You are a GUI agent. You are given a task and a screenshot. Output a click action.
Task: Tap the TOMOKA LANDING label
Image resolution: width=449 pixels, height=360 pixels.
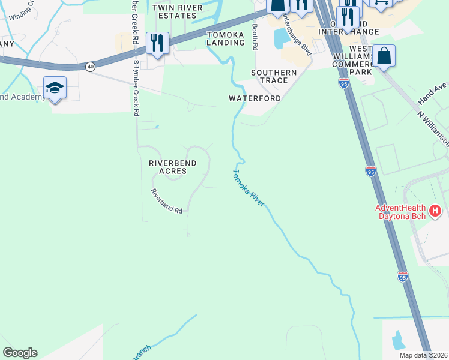click(x=225, y=38)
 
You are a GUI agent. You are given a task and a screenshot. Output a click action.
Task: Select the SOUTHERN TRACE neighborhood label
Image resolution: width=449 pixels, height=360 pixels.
click(x=274, y=76)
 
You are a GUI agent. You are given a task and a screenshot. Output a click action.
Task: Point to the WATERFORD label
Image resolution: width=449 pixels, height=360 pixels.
click(x=255, y=98)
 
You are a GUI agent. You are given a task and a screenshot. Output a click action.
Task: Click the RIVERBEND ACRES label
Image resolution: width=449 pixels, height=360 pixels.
click(x=168, y=167)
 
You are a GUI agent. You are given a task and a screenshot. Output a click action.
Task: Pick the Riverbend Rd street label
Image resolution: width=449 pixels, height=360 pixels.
click(x=166, y=202)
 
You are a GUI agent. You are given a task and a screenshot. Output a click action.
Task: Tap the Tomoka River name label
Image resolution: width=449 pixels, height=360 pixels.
click(x=249, y=188)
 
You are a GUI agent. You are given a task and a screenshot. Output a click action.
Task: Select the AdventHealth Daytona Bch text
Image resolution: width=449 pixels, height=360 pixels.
click(x=400, y=212)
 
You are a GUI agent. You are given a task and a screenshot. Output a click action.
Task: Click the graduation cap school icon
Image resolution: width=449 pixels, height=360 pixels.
click(x=55, y=88)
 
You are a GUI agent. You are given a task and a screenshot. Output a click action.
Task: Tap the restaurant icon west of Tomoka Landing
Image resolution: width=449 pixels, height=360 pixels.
click(x=157, y=43)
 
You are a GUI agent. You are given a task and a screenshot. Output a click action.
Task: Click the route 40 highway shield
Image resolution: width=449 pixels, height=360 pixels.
click(x=90, y=67)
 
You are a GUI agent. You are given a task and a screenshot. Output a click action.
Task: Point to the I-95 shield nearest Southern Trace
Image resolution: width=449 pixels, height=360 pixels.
click(x=344, y=83)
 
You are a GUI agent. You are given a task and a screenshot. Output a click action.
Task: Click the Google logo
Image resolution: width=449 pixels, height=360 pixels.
click(x=20, y=353)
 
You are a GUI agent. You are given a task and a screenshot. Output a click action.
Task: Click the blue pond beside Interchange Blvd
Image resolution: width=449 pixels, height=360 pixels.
click(x=280, y=38)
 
